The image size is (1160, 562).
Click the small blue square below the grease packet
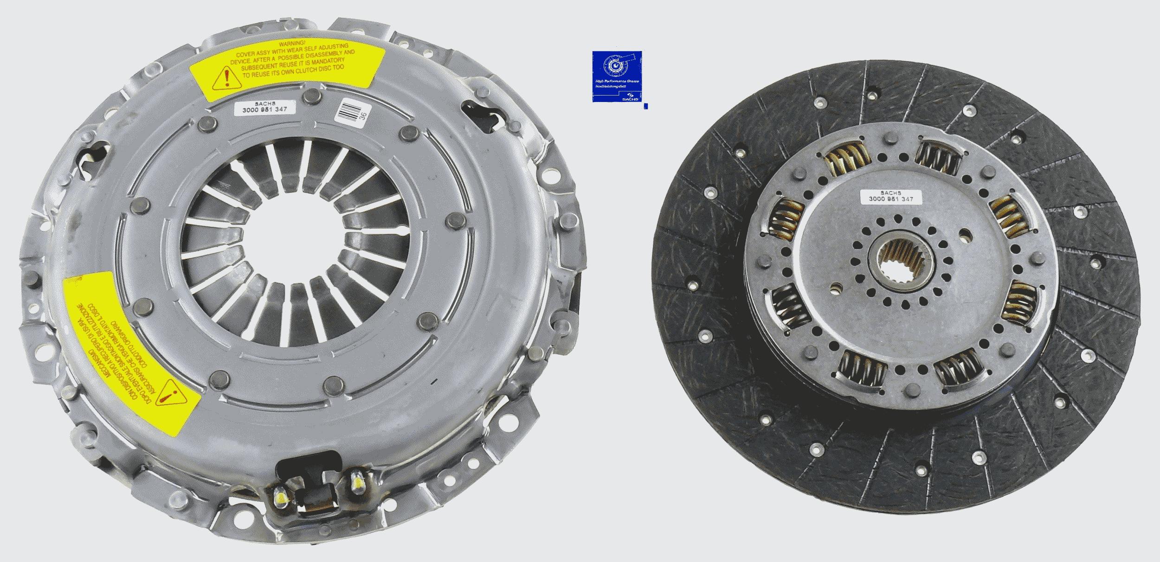[x=646, y=106]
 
